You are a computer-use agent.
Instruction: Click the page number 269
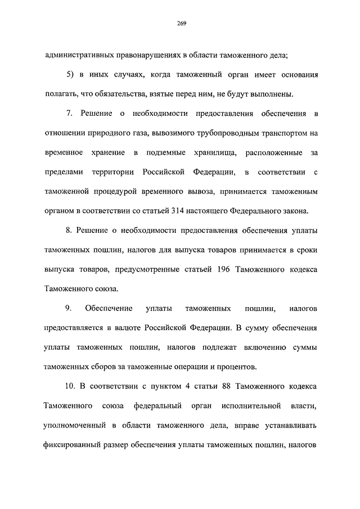180,23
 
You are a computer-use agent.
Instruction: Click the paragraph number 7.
70,114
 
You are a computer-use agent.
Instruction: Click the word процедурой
116,191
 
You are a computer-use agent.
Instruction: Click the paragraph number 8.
70,231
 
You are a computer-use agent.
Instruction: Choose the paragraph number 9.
68,308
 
